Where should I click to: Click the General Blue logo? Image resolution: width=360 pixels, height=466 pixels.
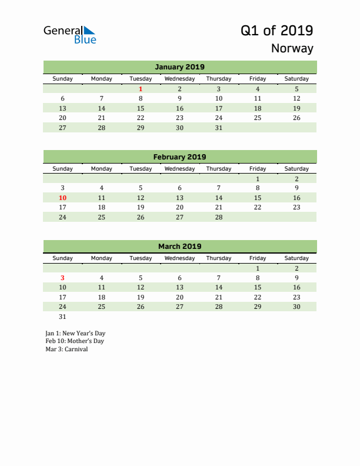click(69, 35)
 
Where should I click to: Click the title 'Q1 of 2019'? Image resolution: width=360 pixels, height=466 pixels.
click(276, 30)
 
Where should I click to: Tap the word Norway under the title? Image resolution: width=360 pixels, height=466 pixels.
click(292, 48)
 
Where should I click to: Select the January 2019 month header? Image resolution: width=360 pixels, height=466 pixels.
click(179, 67)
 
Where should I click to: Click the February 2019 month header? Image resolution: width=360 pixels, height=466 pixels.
click(179, 157)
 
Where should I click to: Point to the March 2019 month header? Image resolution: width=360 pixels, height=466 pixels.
click(179, 247)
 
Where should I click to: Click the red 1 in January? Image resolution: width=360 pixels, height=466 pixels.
click(141, 89)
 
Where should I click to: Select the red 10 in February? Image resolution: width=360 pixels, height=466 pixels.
click(63, 198)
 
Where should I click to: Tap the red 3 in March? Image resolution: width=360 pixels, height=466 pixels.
click(63, 278)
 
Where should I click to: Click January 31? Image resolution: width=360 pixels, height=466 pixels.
click(219, 128)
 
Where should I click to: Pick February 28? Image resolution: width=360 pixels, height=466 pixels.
click(219, 217)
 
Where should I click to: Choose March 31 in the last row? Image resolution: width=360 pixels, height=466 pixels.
click(63, 317)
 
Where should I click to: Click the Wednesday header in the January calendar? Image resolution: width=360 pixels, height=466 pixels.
click(179, 79)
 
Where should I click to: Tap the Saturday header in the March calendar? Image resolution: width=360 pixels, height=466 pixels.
click(296, 258)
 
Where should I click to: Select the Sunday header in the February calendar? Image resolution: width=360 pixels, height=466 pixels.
click(63, 169)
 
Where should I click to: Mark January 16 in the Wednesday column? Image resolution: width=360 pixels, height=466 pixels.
click(179, 108)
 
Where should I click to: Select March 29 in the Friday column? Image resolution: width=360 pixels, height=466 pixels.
click(258, 307)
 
